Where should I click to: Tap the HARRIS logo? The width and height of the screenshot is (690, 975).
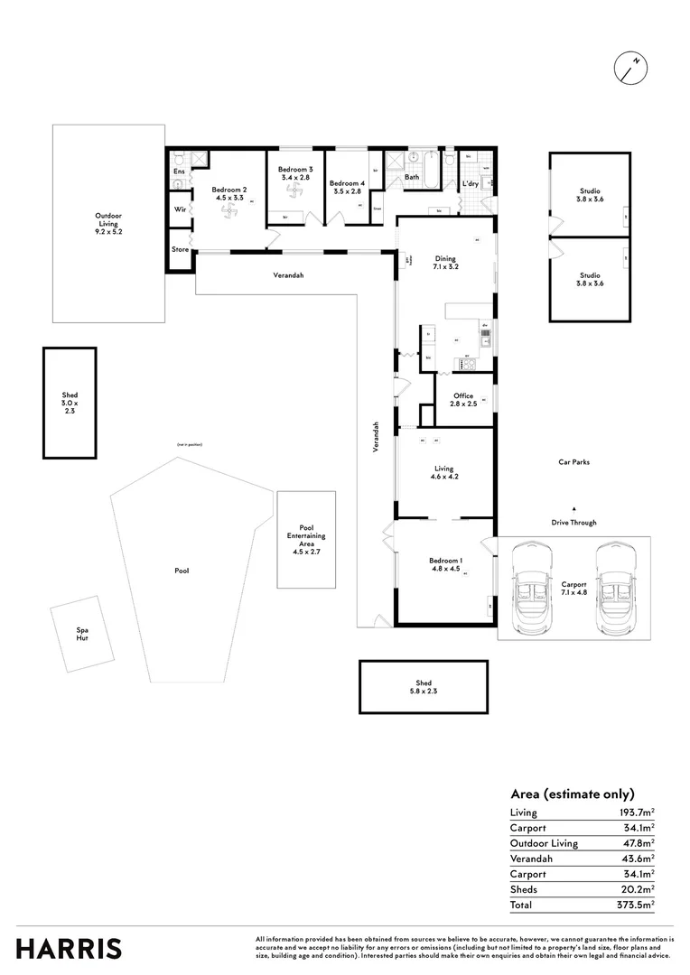69,949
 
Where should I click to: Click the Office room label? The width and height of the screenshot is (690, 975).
463,400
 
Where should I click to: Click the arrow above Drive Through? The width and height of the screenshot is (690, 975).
573,508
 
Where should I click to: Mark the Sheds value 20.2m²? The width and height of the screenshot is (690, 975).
639,889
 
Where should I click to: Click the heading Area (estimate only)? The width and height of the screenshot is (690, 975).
573,794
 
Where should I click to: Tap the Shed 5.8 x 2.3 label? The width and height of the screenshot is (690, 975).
424,688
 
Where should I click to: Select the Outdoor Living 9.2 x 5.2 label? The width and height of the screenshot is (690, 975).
108,223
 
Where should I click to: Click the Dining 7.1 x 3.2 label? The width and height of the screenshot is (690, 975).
446,263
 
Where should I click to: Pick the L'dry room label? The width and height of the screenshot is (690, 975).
471,184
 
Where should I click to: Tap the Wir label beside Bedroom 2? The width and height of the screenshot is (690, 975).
179,209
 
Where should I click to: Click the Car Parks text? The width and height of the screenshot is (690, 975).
573,461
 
